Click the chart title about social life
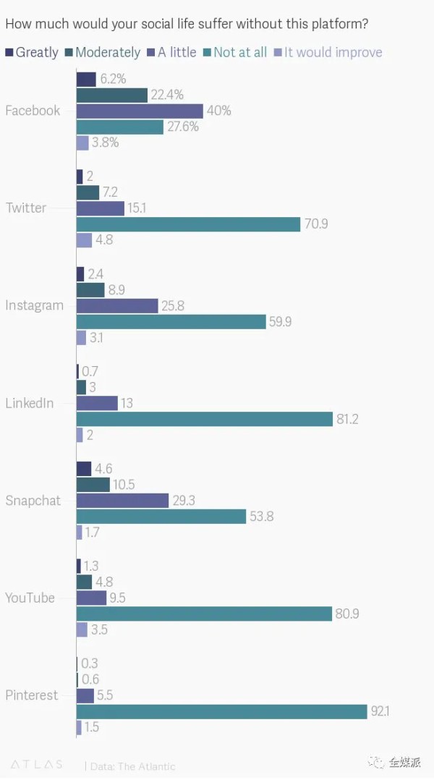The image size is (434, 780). coord(187,25)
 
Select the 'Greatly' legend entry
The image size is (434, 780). coord(33,52)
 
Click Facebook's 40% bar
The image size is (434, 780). coord(140,111)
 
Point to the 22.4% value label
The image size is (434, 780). coord(168,95)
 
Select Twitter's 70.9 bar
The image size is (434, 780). coord(188,224)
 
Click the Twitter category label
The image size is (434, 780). coord(26,208)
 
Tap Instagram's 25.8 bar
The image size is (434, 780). coord(117,306)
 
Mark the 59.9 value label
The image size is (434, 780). coord(281,322)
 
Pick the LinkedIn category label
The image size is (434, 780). coord(30,403)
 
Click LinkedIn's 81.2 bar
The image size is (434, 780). coord(203,420)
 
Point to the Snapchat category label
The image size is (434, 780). coord(33,501)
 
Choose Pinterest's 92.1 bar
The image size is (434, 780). coord(221,712)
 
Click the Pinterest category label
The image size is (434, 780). coord(31,695)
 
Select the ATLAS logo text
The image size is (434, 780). coord(36,764)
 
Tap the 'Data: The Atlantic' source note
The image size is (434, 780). coord(132,766)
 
